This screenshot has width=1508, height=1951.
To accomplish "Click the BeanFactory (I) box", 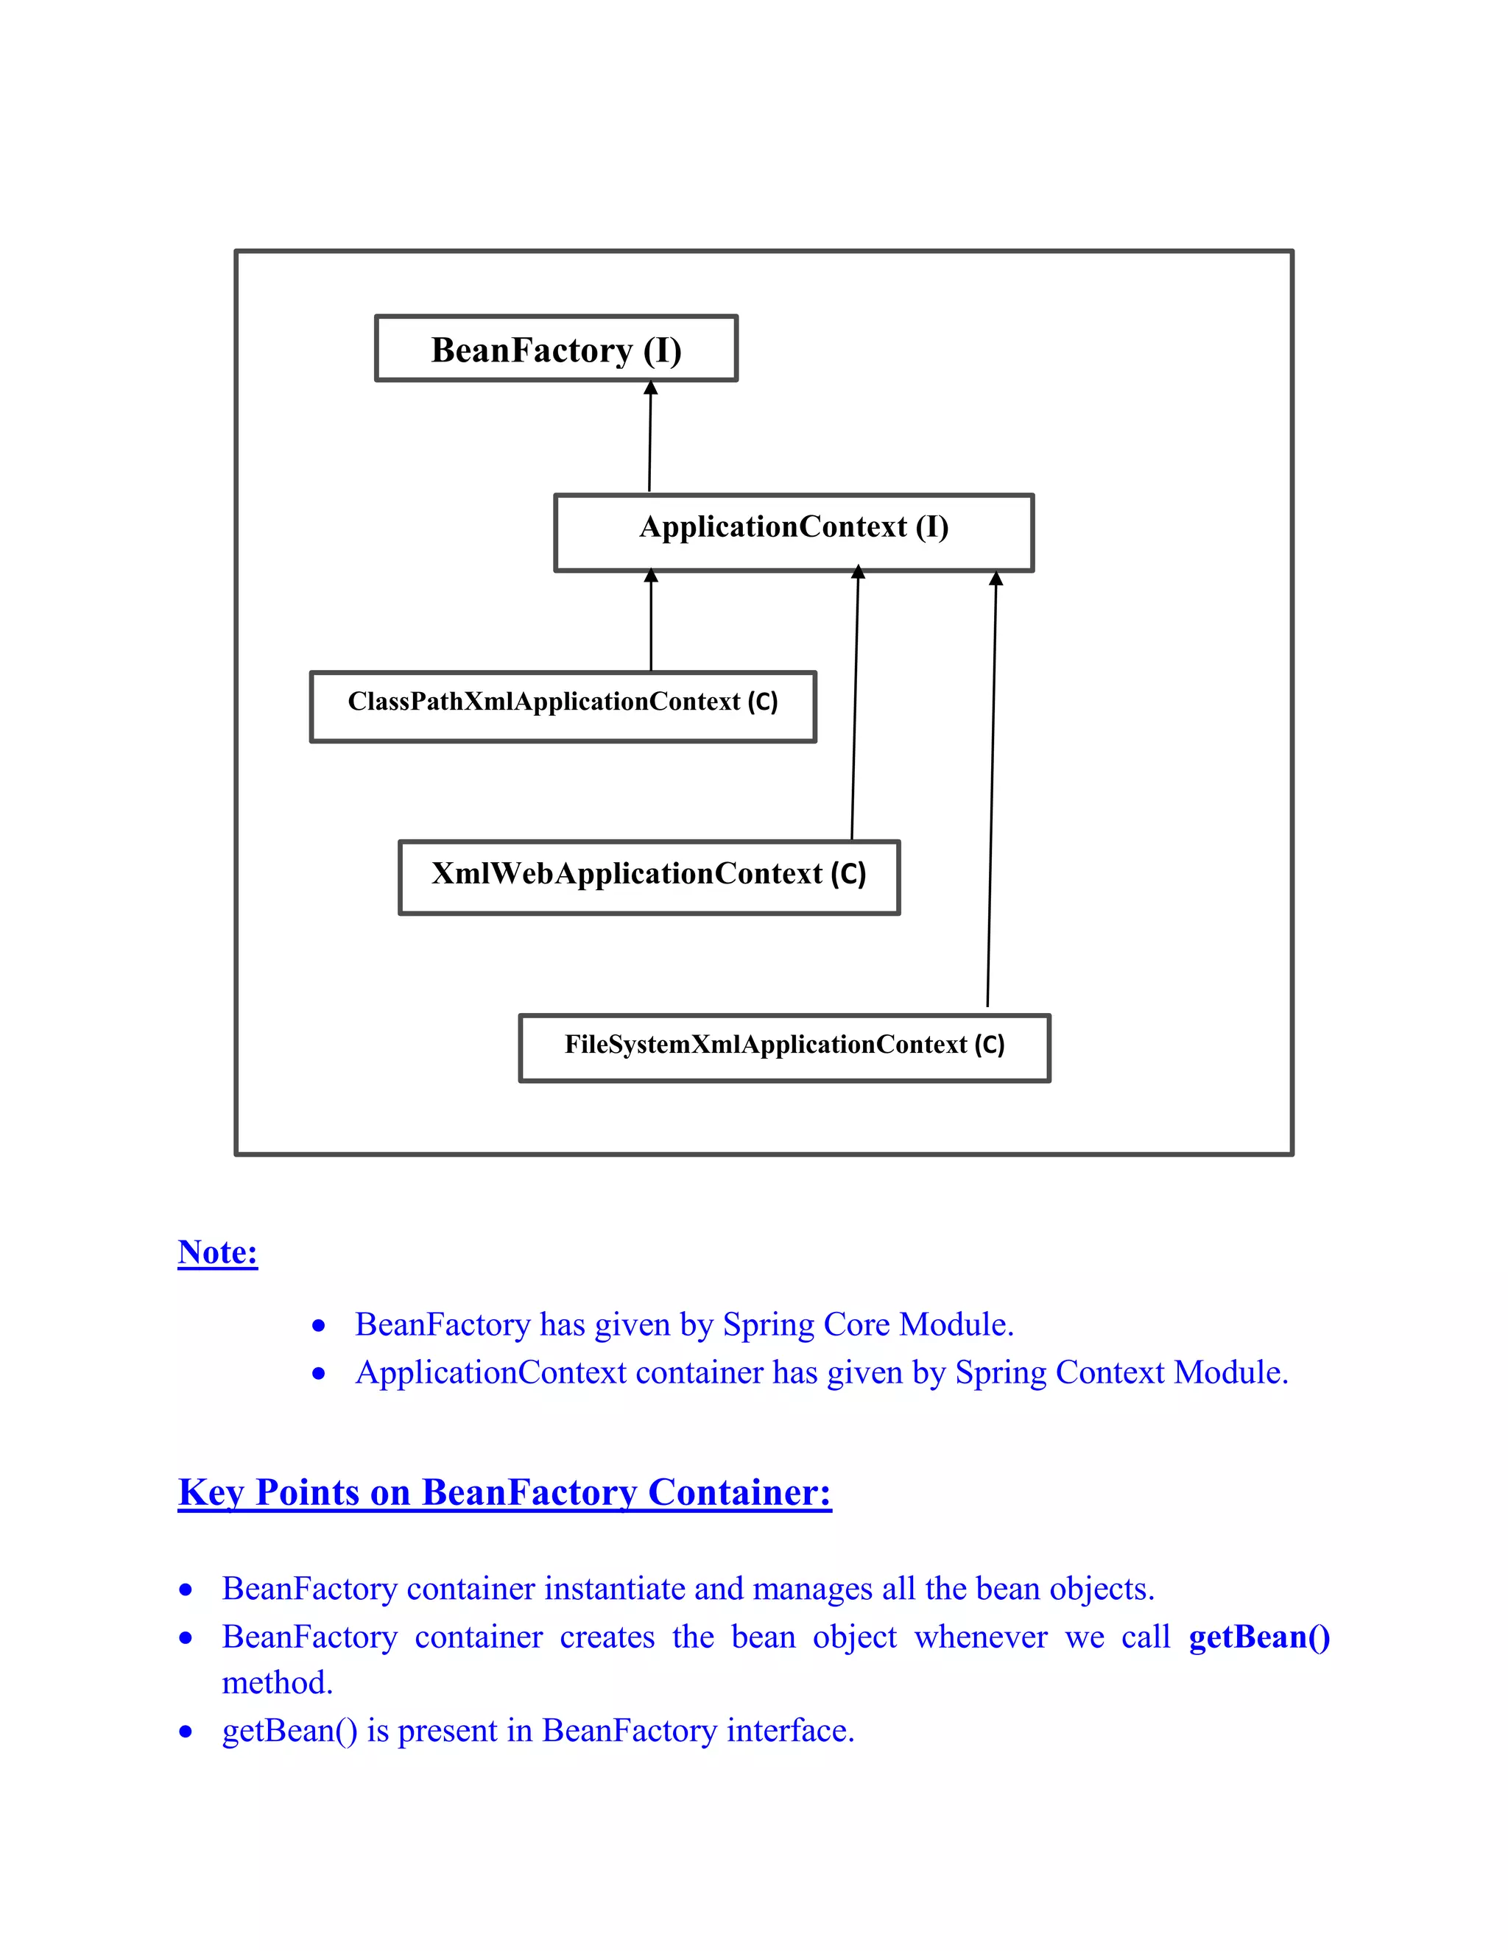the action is tap(556, 348).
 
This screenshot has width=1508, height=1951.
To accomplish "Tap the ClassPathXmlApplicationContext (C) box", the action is tap(563, 706).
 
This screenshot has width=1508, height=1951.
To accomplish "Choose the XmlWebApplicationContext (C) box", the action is tap(649, 876).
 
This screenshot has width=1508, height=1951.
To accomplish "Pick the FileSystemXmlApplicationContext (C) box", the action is tap(784, 1047).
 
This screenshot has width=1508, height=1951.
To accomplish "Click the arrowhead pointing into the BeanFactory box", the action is tap(650, 389).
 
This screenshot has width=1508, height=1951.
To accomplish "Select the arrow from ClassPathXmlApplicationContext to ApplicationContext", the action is tap(650, 625).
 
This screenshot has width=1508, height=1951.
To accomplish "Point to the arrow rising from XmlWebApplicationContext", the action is tap(855, 706).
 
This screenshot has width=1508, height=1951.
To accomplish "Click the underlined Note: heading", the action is tap(218, 1252).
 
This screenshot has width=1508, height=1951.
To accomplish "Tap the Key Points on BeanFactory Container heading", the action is tap(504, 1493).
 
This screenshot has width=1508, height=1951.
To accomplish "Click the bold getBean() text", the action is tap(1258, 1637).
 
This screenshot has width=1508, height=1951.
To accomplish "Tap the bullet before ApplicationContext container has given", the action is tap(319, 1374).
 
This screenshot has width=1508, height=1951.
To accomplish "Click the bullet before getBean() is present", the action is tap(186, 1732).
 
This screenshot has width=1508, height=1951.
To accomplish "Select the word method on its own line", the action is tap(277, 1683).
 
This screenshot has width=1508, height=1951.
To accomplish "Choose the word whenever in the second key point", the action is tap(980, 1637).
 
